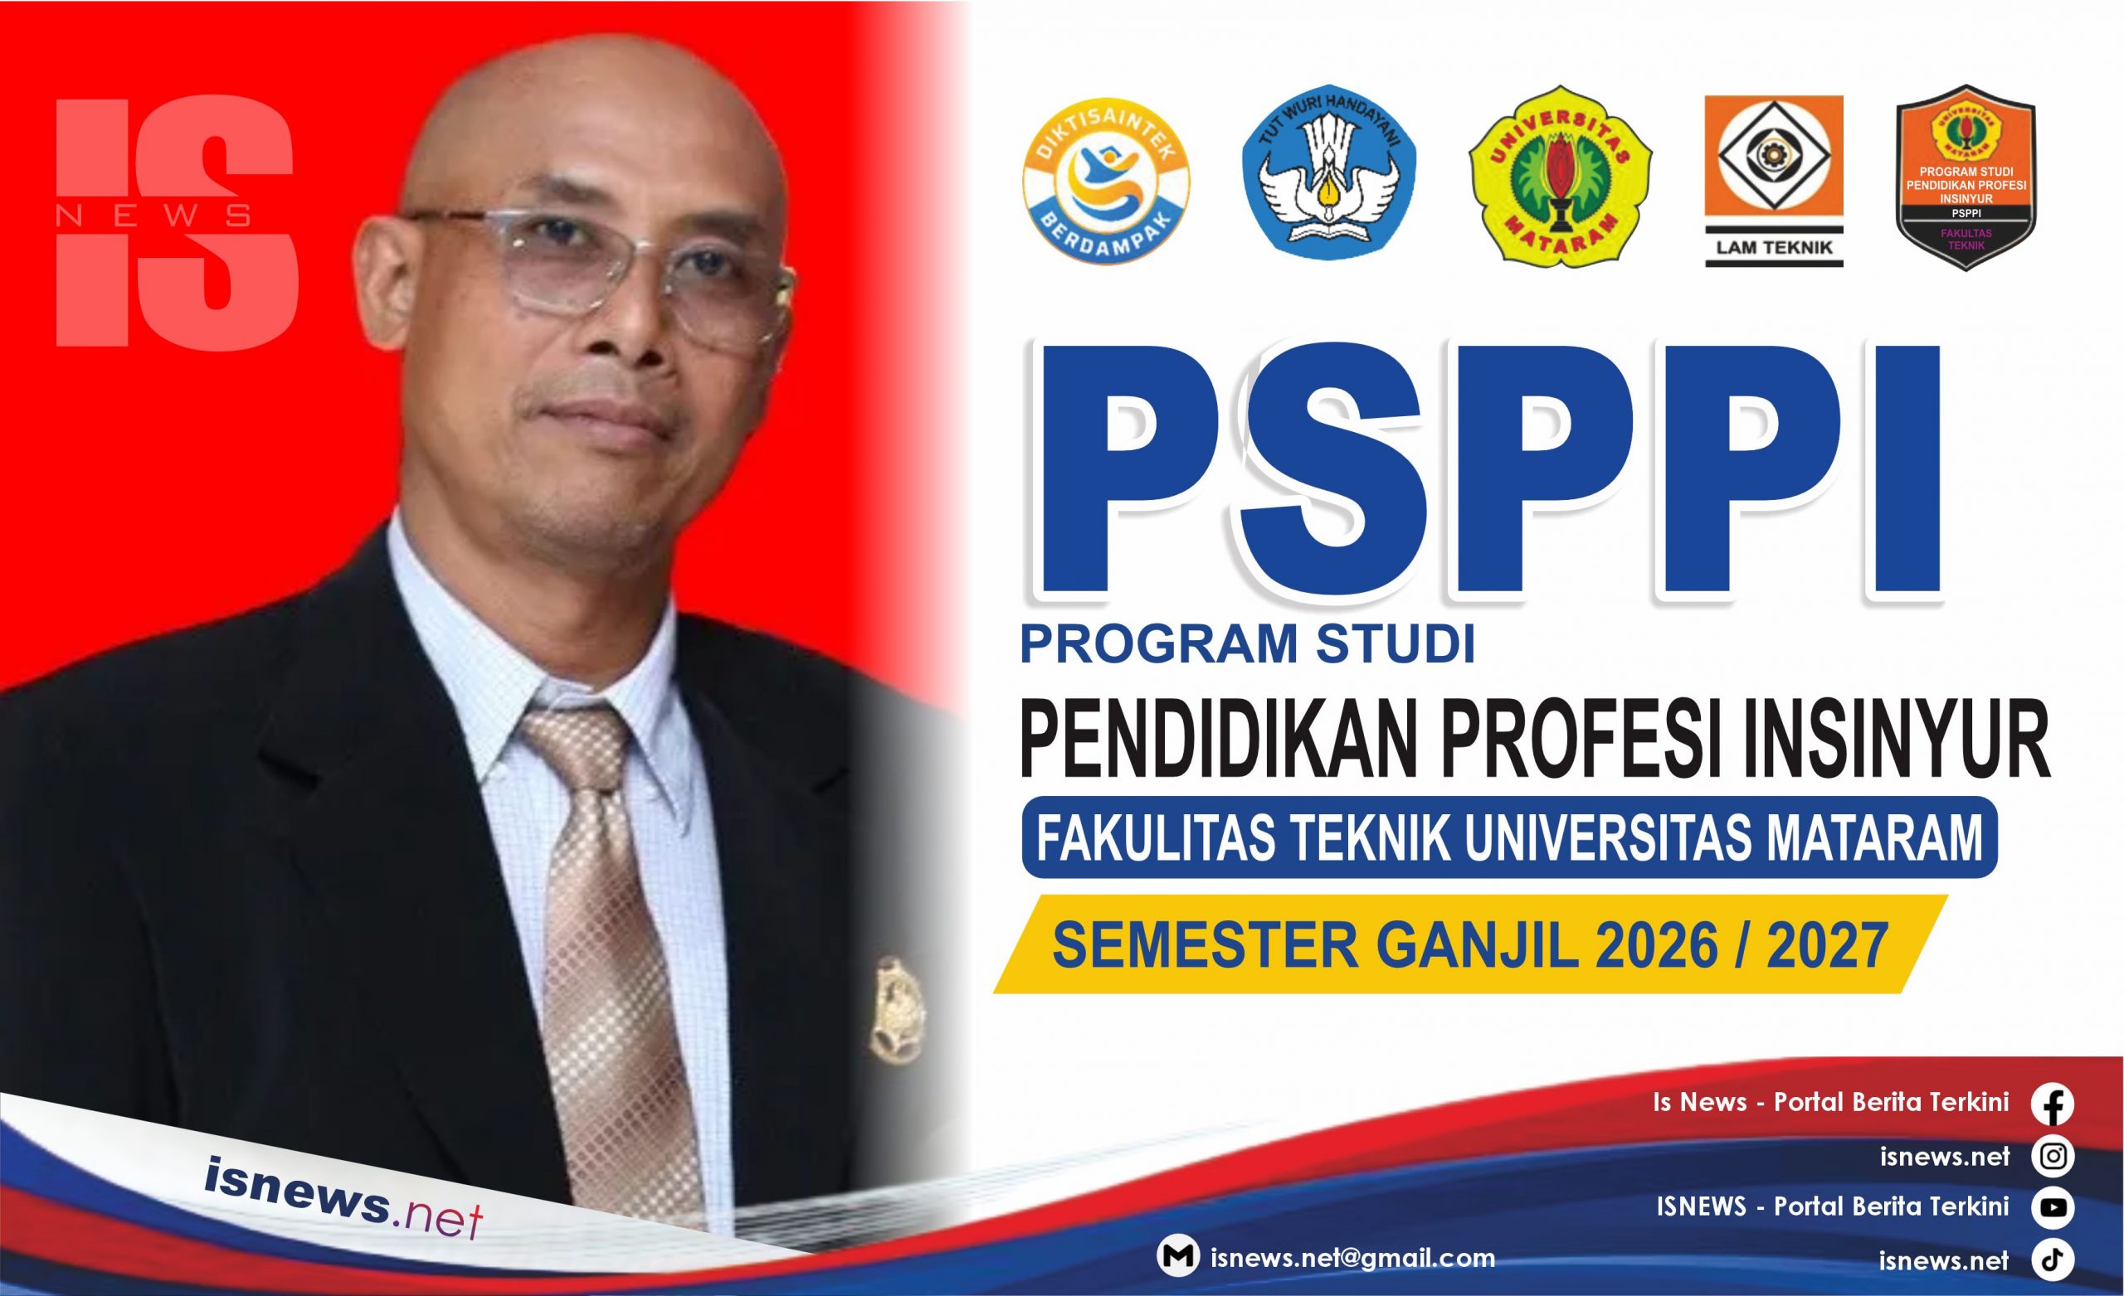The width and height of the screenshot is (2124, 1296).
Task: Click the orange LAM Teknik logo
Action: pyautogui.click(x=1774, y=181)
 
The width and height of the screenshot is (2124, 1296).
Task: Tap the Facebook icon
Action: pyautogui.click(x=2053, y=1104)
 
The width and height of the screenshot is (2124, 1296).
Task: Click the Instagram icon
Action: pyautogui.click(x=2053, y=1157)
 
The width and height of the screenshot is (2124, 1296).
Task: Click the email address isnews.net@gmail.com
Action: pyautogui.click(x=1352, y=1257)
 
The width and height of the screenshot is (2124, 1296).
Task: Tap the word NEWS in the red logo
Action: pyautogui.click(x=154, y=216)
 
